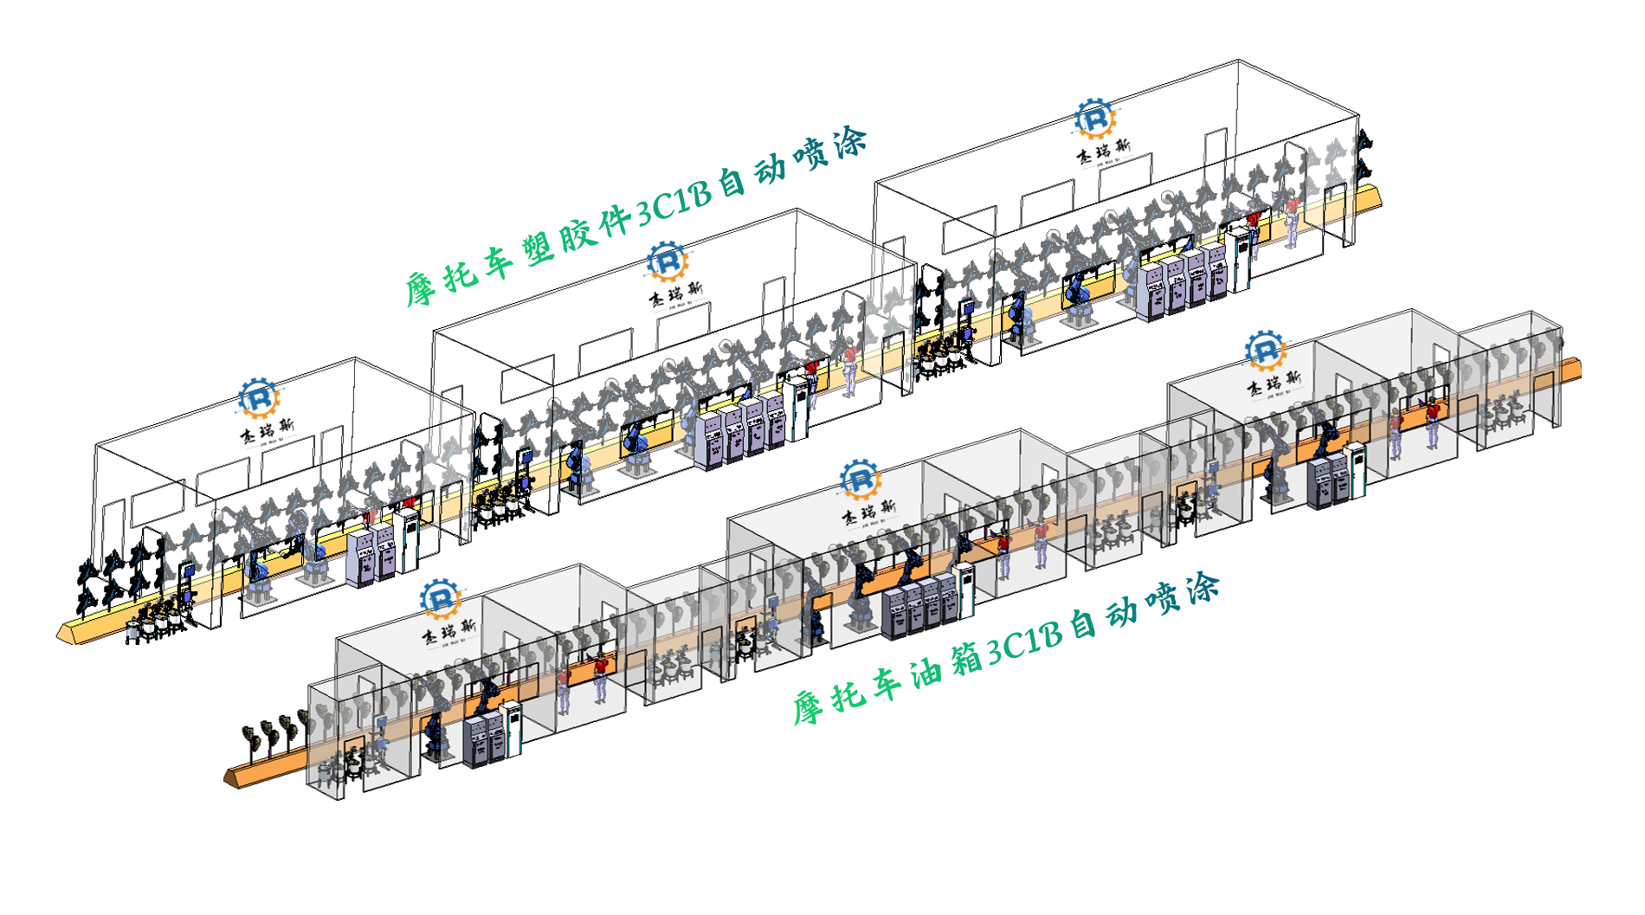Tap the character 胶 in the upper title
pyautogui.click(x=576, y=234)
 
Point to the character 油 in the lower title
pyautogui.click(x=926, y=672)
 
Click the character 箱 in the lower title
pyautogui.click(x=965, y=659)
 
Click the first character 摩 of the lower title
pyautogui.click(x=807, y=708)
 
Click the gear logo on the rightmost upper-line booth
pyautogui.click(x=1094, y=119)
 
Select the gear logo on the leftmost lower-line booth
pyautogui.click(x=440, y=598)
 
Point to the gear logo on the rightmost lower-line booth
pyautogui.click(x=1265, y=350)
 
